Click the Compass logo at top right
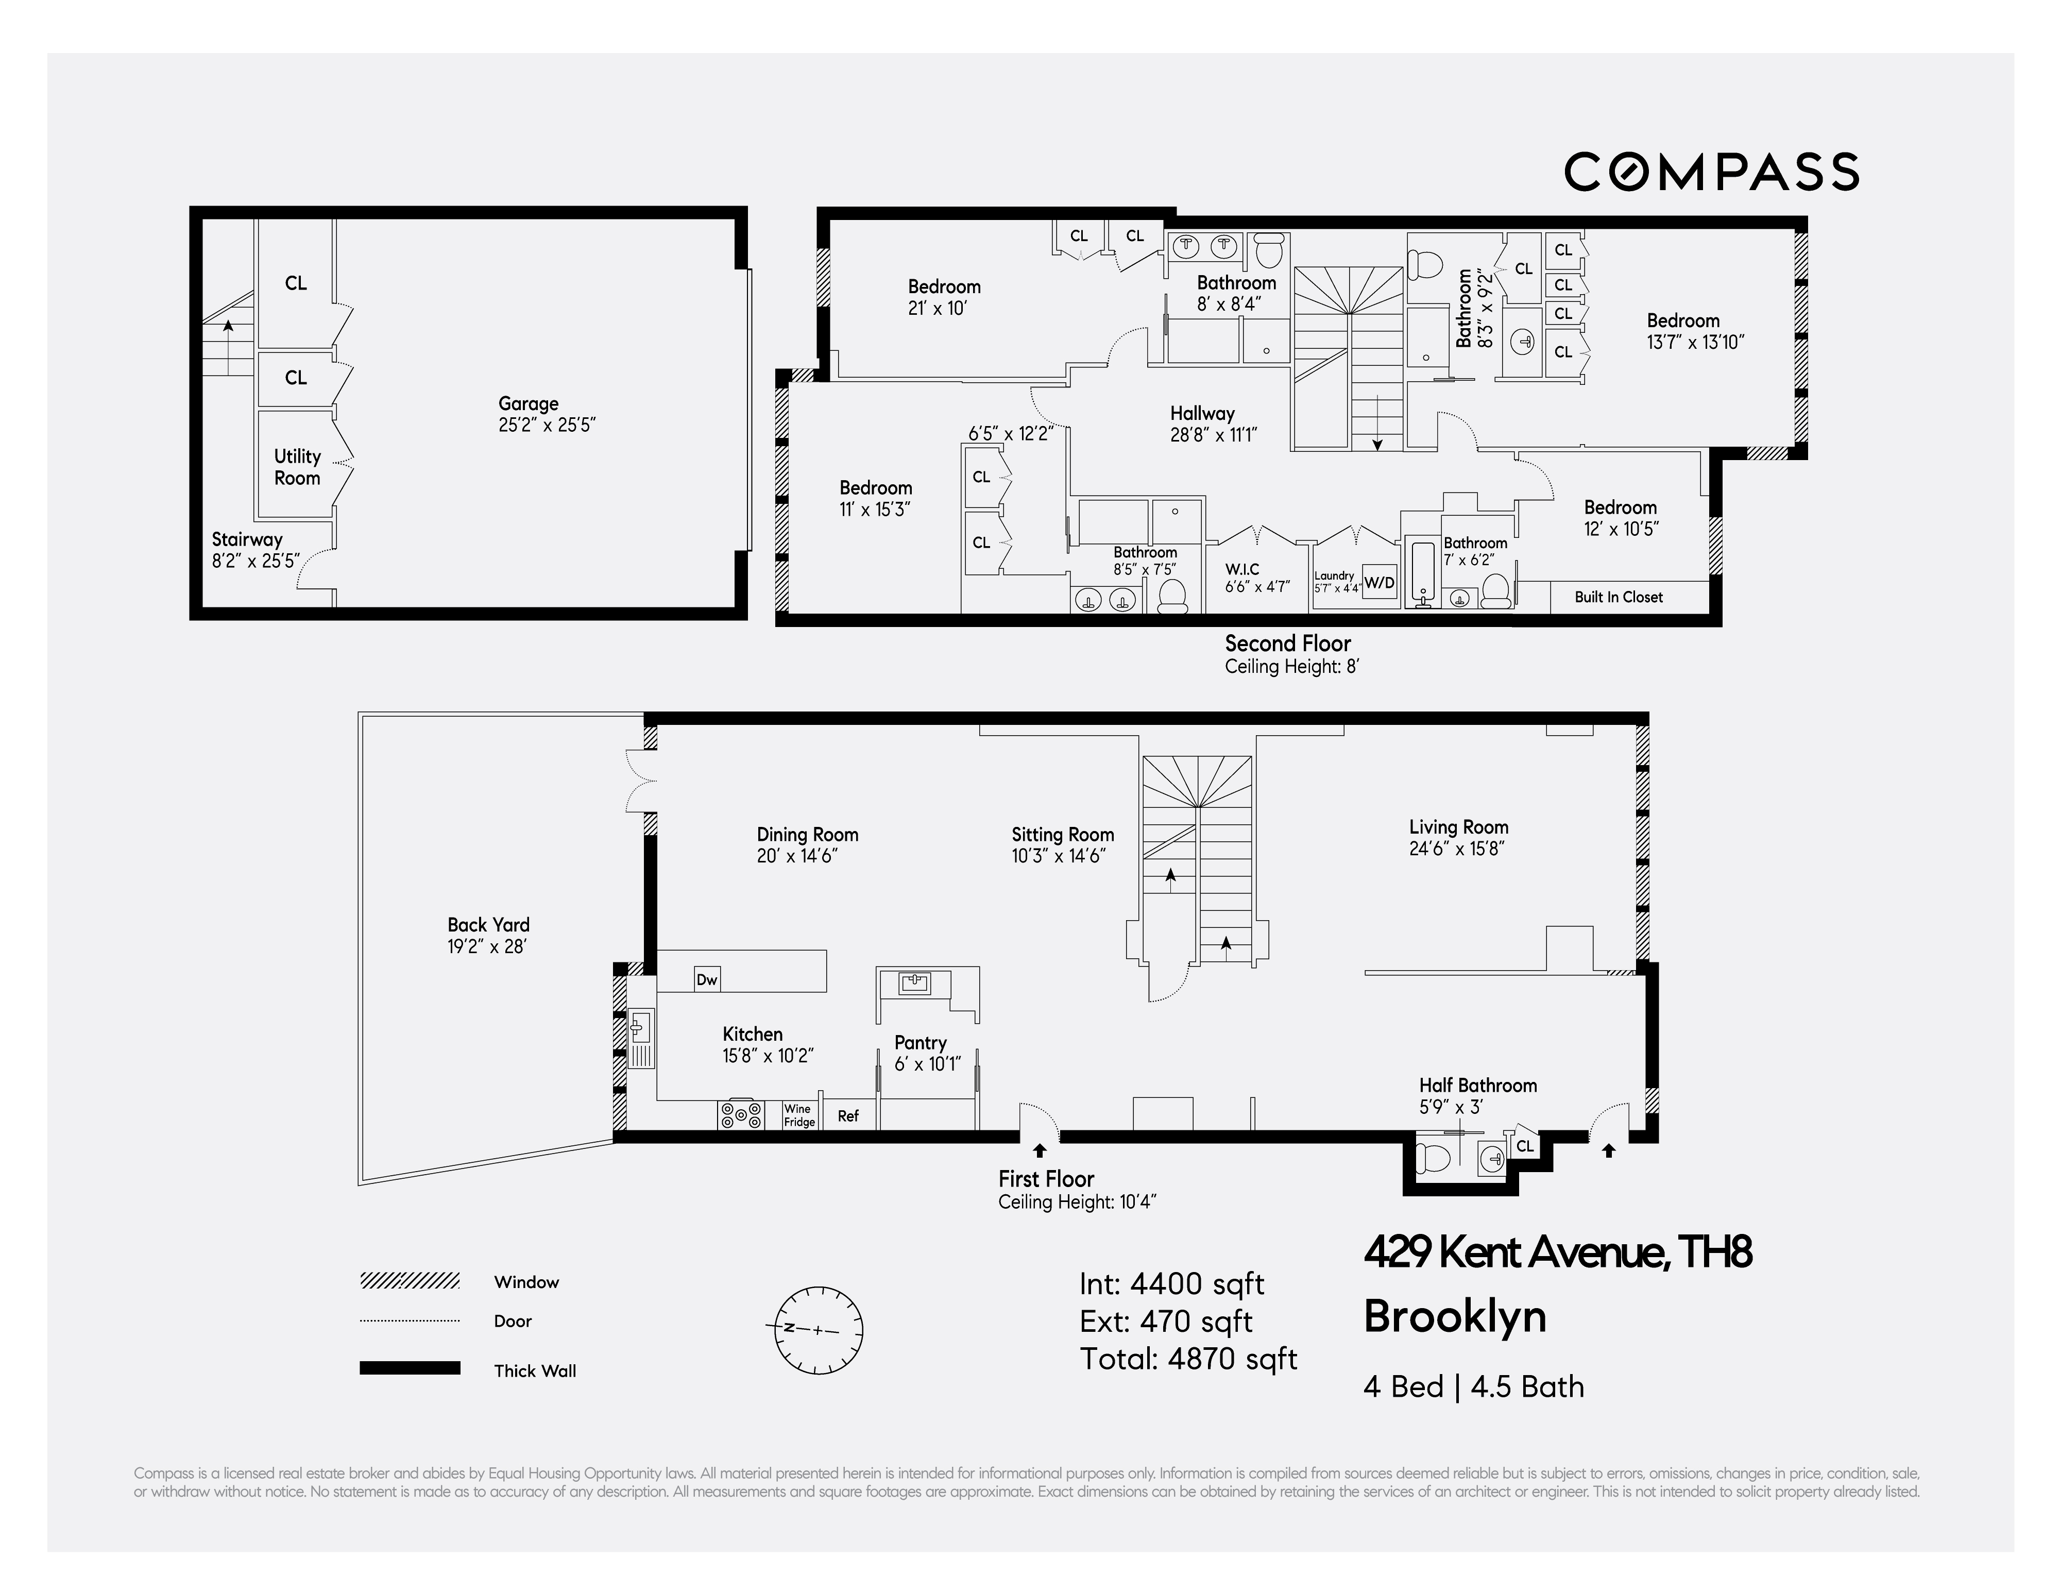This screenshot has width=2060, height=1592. pos(1711,172)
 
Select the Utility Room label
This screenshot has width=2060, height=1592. pos(297,467)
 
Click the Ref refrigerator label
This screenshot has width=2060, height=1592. pos(848,1116)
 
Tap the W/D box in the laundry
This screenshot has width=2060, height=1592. pos(1379,582)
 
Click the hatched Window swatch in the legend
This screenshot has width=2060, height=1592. pos(410,1281)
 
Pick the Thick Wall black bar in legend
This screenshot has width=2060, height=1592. pos(410,1368)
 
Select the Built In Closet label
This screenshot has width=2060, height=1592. pos(1619,597)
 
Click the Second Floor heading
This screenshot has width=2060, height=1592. pos(1287,643)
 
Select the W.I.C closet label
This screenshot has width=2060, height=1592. pos(1242,569)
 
